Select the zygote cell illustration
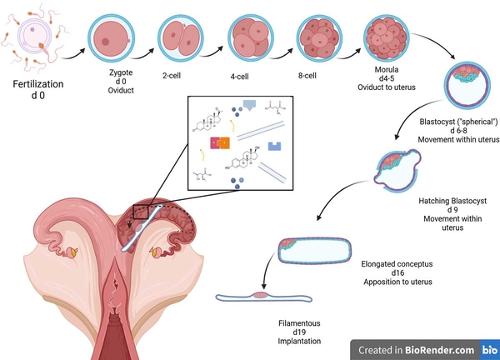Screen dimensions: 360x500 (112, 39)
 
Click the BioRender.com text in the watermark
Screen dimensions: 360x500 (441, 350)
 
